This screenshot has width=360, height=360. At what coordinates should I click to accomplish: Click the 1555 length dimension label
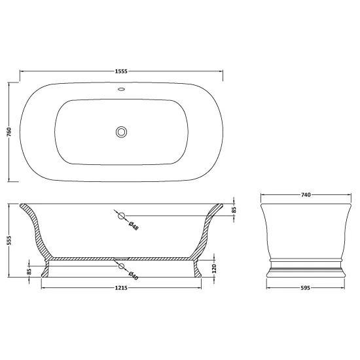pos(121,71)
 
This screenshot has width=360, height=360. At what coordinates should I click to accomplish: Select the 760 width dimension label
pos(9,132)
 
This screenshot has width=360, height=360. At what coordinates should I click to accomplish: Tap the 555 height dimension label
pos(9,240)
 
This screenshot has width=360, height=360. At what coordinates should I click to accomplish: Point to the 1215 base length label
pos(121,288)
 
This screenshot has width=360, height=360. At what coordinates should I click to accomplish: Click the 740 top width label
pos(306,195)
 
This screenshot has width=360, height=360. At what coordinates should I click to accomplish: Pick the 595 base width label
pos(306,288)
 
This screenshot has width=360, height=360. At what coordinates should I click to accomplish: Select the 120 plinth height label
pos(214,268)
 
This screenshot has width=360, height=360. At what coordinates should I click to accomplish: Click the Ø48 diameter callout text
pos(134,226)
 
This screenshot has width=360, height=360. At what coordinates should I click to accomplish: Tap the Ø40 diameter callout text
pos(133,276)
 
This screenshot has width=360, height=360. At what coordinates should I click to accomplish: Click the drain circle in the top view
pos(121,132)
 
